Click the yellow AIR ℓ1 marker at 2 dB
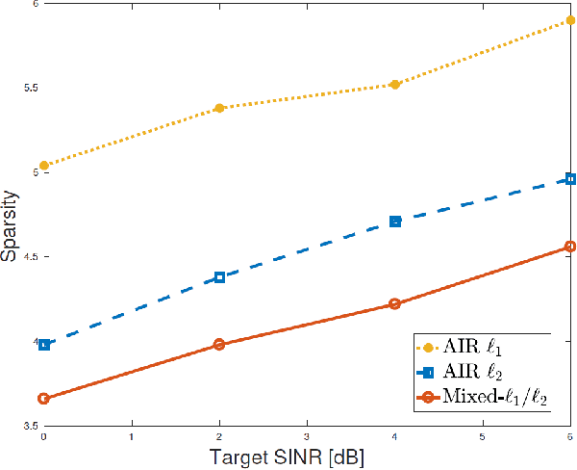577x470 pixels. [219, 108]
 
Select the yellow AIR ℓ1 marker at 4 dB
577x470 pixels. [394, 85]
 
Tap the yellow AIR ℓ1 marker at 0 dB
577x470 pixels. [44, 166]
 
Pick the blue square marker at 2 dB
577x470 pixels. [219, 277]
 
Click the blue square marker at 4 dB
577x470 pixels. [394, 222]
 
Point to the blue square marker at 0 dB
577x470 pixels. [44, 344]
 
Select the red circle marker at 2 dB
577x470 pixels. [219, 344]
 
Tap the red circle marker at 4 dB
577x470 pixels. [394, 304]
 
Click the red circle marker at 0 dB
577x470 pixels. [44, 398]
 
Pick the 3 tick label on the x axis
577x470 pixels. [306, 436]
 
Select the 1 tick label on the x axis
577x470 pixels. [132, 436]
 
